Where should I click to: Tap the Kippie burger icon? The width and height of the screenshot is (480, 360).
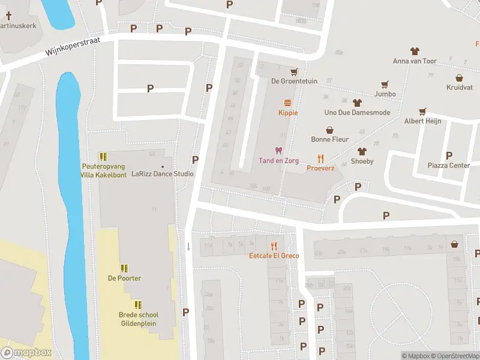(x=288, y=103)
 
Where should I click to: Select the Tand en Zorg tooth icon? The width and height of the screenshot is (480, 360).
(x=278, y=151)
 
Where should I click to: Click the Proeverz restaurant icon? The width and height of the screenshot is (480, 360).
(x=321, y=159)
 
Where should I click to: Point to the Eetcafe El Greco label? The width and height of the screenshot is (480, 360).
(x=274, y=256)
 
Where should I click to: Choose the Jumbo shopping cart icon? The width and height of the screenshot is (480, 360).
(x=385, y=85)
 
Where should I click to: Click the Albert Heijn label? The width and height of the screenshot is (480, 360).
(x=422, y=121)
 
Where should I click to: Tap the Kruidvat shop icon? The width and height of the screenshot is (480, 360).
(x=459, y=78)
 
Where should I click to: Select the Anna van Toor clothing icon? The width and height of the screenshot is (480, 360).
(x=414, y=52)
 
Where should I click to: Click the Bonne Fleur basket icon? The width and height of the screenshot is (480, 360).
(x=329, y=130)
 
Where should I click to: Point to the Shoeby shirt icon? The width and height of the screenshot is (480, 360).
(x=362, y=151)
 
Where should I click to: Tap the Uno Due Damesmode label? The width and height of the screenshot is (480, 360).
(x=357, y=113)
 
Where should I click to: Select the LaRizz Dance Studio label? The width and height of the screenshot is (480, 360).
(x=163, y=174)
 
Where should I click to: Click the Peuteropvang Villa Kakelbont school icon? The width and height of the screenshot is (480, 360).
(x=103, y=157)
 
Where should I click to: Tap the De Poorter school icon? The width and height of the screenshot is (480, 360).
(x=124, y=268)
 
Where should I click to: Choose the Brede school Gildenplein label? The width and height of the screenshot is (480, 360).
(x=138, y=318)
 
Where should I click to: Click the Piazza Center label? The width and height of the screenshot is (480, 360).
(x=448, y=165)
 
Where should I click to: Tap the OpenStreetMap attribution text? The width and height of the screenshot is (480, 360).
(x=455, y=356)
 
